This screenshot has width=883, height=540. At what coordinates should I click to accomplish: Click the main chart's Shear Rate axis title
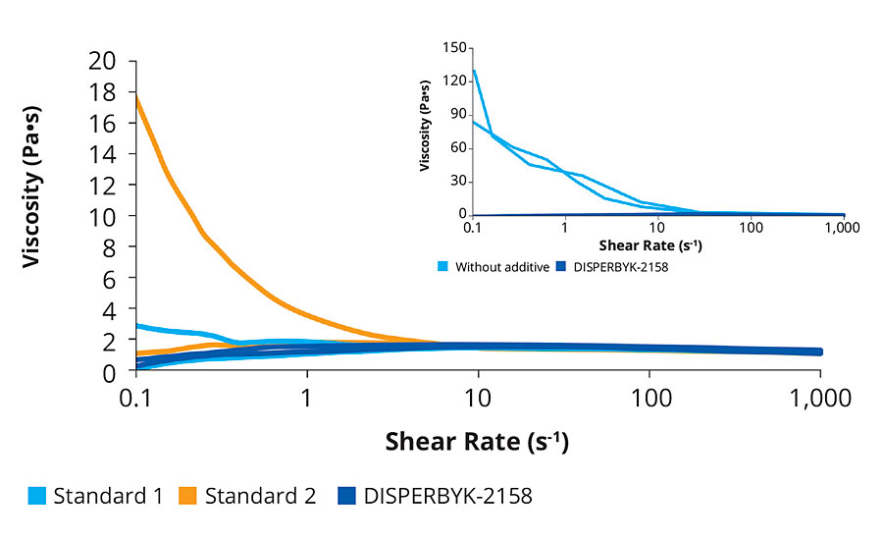(478, 441)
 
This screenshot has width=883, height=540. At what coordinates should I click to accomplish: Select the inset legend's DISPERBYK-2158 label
(616, 266)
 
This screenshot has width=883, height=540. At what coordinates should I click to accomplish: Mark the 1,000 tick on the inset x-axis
(844, 228)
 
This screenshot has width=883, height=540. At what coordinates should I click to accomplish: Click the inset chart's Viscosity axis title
(425, 131)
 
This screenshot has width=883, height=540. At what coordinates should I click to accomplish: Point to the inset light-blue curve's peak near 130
(474, 70)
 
